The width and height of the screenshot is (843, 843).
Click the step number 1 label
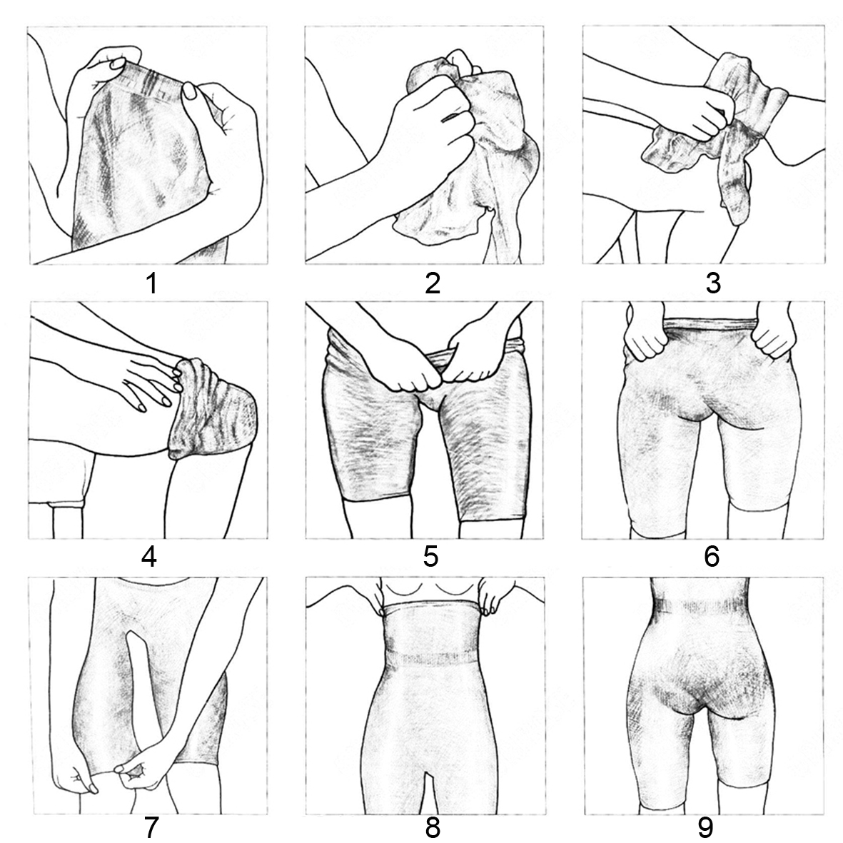[152, 283]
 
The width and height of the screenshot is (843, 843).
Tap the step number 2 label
[433, 283]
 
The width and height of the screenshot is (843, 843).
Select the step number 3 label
[713, 283]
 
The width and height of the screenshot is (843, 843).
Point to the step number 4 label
[149, 557]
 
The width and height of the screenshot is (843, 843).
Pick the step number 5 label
[430, 557]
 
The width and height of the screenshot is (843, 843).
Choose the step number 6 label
[711, 557]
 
